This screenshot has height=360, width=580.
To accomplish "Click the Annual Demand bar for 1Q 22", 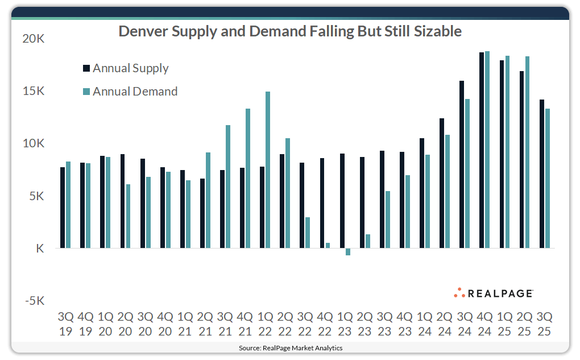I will click(x=268, y=170).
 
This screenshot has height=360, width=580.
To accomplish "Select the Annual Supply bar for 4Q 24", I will click(x=482, y=150).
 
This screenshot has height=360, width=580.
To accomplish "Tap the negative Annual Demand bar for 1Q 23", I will click(x=348, y=252).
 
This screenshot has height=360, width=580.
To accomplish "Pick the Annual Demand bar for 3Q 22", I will click(x=308, y=233).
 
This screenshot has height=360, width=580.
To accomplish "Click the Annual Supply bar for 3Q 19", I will click(x=63, y=208).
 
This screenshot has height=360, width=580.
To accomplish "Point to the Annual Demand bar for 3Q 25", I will click(x=548, y=179).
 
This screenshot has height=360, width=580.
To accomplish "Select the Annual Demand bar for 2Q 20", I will click(x=128, y=216).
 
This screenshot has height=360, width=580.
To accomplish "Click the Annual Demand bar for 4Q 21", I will click(x=248, y=179).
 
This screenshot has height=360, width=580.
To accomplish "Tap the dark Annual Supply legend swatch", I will click(x=86, y=68).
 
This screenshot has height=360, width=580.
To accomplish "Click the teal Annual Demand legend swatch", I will click(x=86, y=92).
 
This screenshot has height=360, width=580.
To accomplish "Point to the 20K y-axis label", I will click(x=33, y=39).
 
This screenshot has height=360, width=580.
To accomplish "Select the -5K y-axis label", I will click(x=33, y=301).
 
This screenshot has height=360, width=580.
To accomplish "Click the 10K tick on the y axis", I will click(x=33, y=143).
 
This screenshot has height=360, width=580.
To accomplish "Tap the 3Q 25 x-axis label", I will click(x=544, y=323).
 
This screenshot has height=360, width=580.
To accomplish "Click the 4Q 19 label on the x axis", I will click(x=85, y=323).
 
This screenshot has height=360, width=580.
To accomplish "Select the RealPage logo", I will click(x=493, y=293).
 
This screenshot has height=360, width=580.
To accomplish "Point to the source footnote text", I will click(x=290, y=347).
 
